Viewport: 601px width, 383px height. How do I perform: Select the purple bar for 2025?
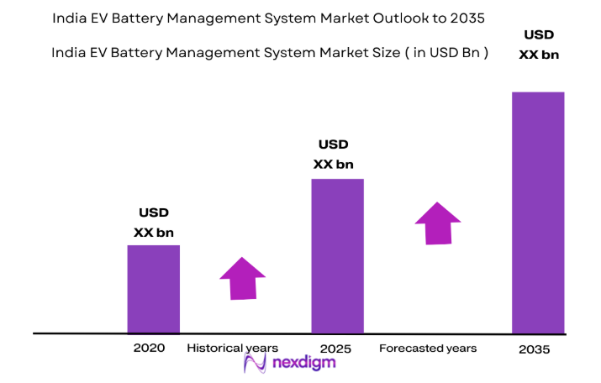coord(337,255)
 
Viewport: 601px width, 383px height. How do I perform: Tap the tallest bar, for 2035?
coord(538,212)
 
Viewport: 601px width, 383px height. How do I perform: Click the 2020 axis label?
coord(148,347)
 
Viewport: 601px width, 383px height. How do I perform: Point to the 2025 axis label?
coord(335,348)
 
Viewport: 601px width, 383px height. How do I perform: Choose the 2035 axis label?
coord(534,349)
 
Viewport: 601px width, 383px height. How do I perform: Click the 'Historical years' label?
coord(232,347)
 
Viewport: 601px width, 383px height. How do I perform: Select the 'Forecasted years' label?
coord(428,347)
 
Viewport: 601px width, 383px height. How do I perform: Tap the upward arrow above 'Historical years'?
coord(242,277)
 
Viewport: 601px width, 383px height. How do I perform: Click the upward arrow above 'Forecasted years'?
coord(438,223)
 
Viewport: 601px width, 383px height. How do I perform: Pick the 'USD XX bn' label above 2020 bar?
coord(154,223)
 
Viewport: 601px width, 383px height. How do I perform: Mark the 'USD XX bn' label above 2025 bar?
coord(334,154)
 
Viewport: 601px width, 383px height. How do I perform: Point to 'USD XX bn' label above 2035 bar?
coord(539,45)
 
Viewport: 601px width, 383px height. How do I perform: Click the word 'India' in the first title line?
coord(71,17)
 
